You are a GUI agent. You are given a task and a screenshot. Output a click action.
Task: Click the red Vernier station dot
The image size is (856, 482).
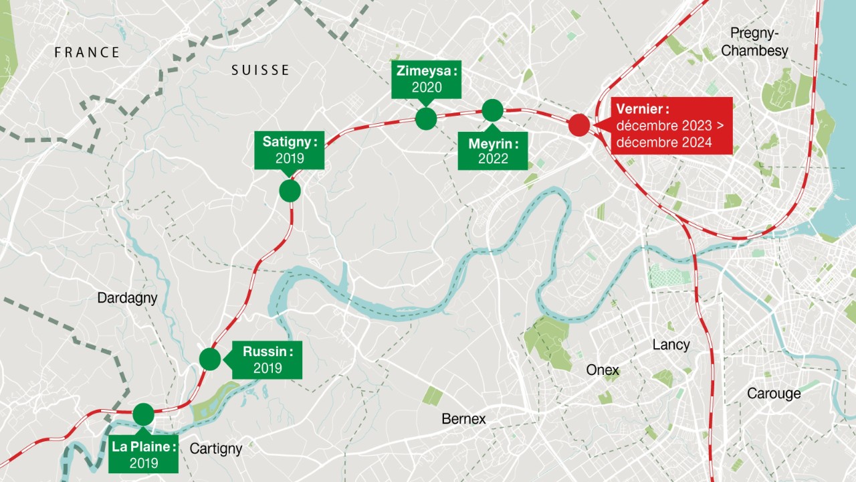coord(578,125)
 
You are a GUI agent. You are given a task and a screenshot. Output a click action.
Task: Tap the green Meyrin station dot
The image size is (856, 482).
coord(492,110)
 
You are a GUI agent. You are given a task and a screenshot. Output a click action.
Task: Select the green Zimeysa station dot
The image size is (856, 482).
coord(426,118)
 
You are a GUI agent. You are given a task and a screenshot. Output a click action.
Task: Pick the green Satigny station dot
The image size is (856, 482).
coord(290,191)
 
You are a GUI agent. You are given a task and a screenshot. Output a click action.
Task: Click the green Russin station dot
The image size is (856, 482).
coord(210,359)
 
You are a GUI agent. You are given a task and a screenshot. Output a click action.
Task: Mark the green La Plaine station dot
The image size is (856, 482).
coord(143,414)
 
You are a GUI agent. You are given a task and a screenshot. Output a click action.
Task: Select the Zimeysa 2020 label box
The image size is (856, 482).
coord(427,79)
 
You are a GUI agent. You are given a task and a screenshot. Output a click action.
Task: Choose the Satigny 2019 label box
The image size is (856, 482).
coord(290,150)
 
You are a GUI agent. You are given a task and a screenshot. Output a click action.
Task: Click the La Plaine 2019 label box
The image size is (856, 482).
coord(144,455)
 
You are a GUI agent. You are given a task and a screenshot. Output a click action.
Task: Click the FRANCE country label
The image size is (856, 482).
coord(87,52)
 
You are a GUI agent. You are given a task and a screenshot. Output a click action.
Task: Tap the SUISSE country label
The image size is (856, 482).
coord(261,70)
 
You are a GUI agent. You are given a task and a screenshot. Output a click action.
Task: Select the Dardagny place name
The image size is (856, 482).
coord(128,298)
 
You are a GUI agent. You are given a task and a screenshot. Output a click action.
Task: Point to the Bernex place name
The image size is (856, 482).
coord(463,419)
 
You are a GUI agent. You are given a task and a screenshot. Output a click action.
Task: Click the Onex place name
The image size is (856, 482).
coord(603,370)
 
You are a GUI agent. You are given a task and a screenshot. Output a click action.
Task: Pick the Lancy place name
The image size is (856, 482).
coord(671,345)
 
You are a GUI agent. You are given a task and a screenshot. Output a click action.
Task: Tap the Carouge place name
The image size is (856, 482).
coord(774,394)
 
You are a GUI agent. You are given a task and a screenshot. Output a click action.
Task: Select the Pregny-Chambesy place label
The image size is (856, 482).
coord(759,42)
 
